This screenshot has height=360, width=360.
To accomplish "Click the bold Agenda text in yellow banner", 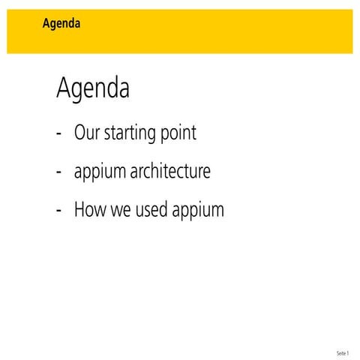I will pyautogui.click(x=61, y=23).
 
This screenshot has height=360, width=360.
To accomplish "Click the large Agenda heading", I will pyautogui.click(x=93, y=89).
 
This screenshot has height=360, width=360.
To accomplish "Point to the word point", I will pyautogui.click(x=178, y=134).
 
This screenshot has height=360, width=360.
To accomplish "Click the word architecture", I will pyautogui.click(x=170, y=172).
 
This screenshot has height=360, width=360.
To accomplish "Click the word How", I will pyautogui.click(x=89, y=209).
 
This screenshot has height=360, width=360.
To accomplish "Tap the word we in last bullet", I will pyautogui.click(x=120, y=210).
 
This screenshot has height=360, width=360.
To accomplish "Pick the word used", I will pyautogui.click(x=151, y=209).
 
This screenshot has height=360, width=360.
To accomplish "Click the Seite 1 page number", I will pyautogui.click(x=343, y=352).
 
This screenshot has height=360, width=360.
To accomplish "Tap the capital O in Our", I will pyautogui.click(x=79, y=133).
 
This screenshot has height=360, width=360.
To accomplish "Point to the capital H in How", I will pyautogui.click(x=79, y=209).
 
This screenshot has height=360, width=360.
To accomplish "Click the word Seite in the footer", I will pyautogui.click(x=341, y=352).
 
